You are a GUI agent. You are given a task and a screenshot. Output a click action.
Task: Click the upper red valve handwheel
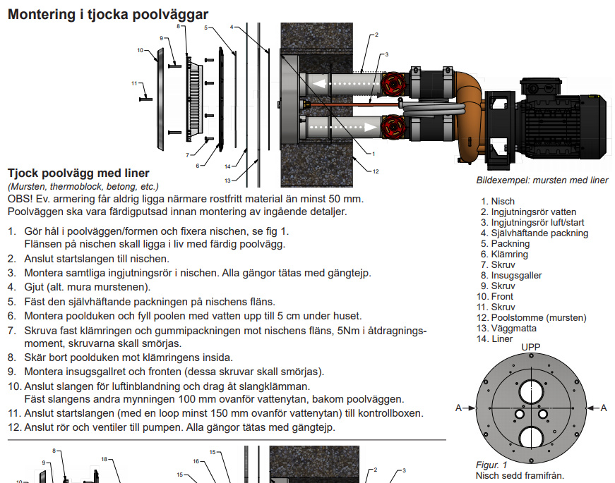[x=391, y=84]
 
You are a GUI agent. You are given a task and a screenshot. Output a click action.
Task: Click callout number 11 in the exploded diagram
[x=134, y=84]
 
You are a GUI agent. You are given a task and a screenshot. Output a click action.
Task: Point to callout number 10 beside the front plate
[x=141, y=51]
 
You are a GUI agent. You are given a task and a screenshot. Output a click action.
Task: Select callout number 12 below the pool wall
[x=376, y=171]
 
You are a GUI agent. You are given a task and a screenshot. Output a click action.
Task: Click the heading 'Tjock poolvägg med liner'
[x=78, y=173]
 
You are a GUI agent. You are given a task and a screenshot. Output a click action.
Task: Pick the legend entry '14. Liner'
[x=498, y=338]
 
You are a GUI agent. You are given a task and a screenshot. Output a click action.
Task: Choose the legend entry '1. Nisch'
[x=498, y=201]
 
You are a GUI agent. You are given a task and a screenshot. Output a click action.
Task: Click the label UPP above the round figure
[x=530, y=348]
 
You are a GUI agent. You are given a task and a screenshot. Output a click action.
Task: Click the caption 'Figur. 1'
[x=491, y=465]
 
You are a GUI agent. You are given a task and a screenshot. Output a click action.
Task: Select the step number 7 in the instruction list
[x=11, y=330]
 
